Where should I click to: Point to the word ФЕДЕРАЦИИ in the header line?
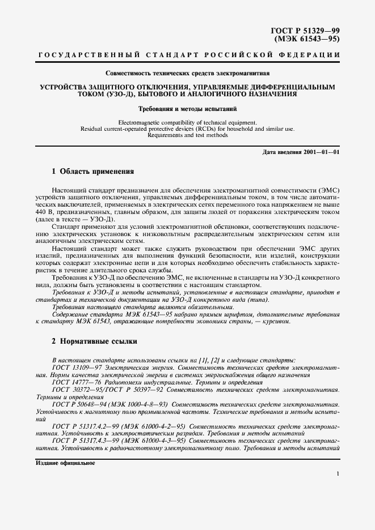(x=311, y=55)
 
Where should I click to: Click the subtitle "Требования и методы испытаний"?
(x=187, y=108)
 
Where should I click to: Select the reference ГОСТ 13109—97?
(x=78, y=368)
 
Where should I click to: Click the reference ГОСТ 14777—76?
(x=78, y=383)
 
